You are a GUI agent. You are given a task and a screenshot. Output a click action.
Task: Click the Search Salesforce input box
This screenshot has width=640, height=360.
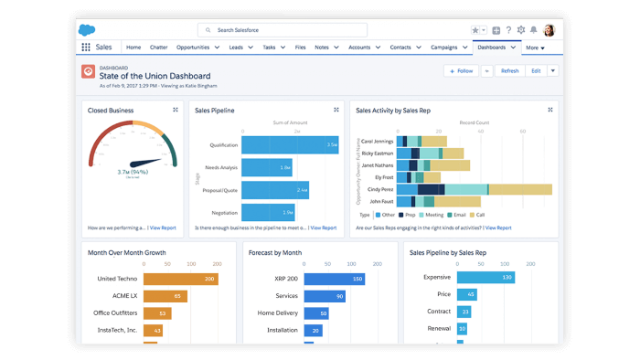click(283, 30)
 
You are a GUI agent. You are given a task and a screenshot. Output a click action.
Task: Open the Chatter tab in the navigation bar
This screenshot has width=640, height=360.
click(159, 47)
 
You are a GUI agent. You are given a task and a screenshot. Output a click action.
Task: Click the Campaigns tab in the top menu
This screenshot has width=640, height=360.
click(444, 47)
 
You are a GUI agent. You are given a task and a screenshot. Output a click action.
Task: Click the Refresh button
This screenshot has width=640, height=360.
click(509, 70)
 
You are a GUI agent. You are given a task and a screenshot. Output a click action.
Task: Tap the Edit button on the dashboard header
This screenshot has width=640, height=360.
click(536, 70)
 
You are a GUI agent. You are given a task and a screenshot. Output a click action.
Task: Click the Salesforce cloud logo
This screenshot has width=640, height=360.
click(89, 30)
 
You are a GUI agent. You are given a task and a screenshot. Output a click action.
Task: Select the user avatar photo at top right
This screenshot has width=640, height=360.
click(549, 30)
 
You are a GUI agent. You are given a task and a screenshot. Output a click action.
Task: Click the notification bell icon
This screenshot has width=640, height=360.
click(534, 30)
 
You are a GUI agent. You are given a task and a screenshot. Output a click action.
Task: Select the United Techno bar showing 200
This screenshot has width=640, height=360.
click(179, 279)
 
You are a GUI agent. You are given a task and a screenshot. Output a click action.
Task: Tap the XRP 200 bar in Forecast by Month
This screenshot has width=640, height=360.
click(334, 279)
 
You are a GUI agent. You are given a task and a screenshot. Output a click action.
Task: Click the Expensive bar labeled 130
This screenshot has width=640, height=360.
click(485, 277)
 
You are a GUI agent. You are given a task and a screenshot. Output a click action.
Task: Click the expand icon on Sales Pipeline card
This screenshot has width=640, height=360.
click(336, 110)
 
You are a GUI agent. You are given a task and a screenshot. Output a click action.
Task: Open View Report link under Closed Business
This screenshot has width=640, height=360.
click(163, 228)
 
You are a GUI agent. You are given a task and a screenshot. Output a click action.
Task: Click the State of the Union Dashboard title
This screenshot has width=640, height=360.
click(155, 76)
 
